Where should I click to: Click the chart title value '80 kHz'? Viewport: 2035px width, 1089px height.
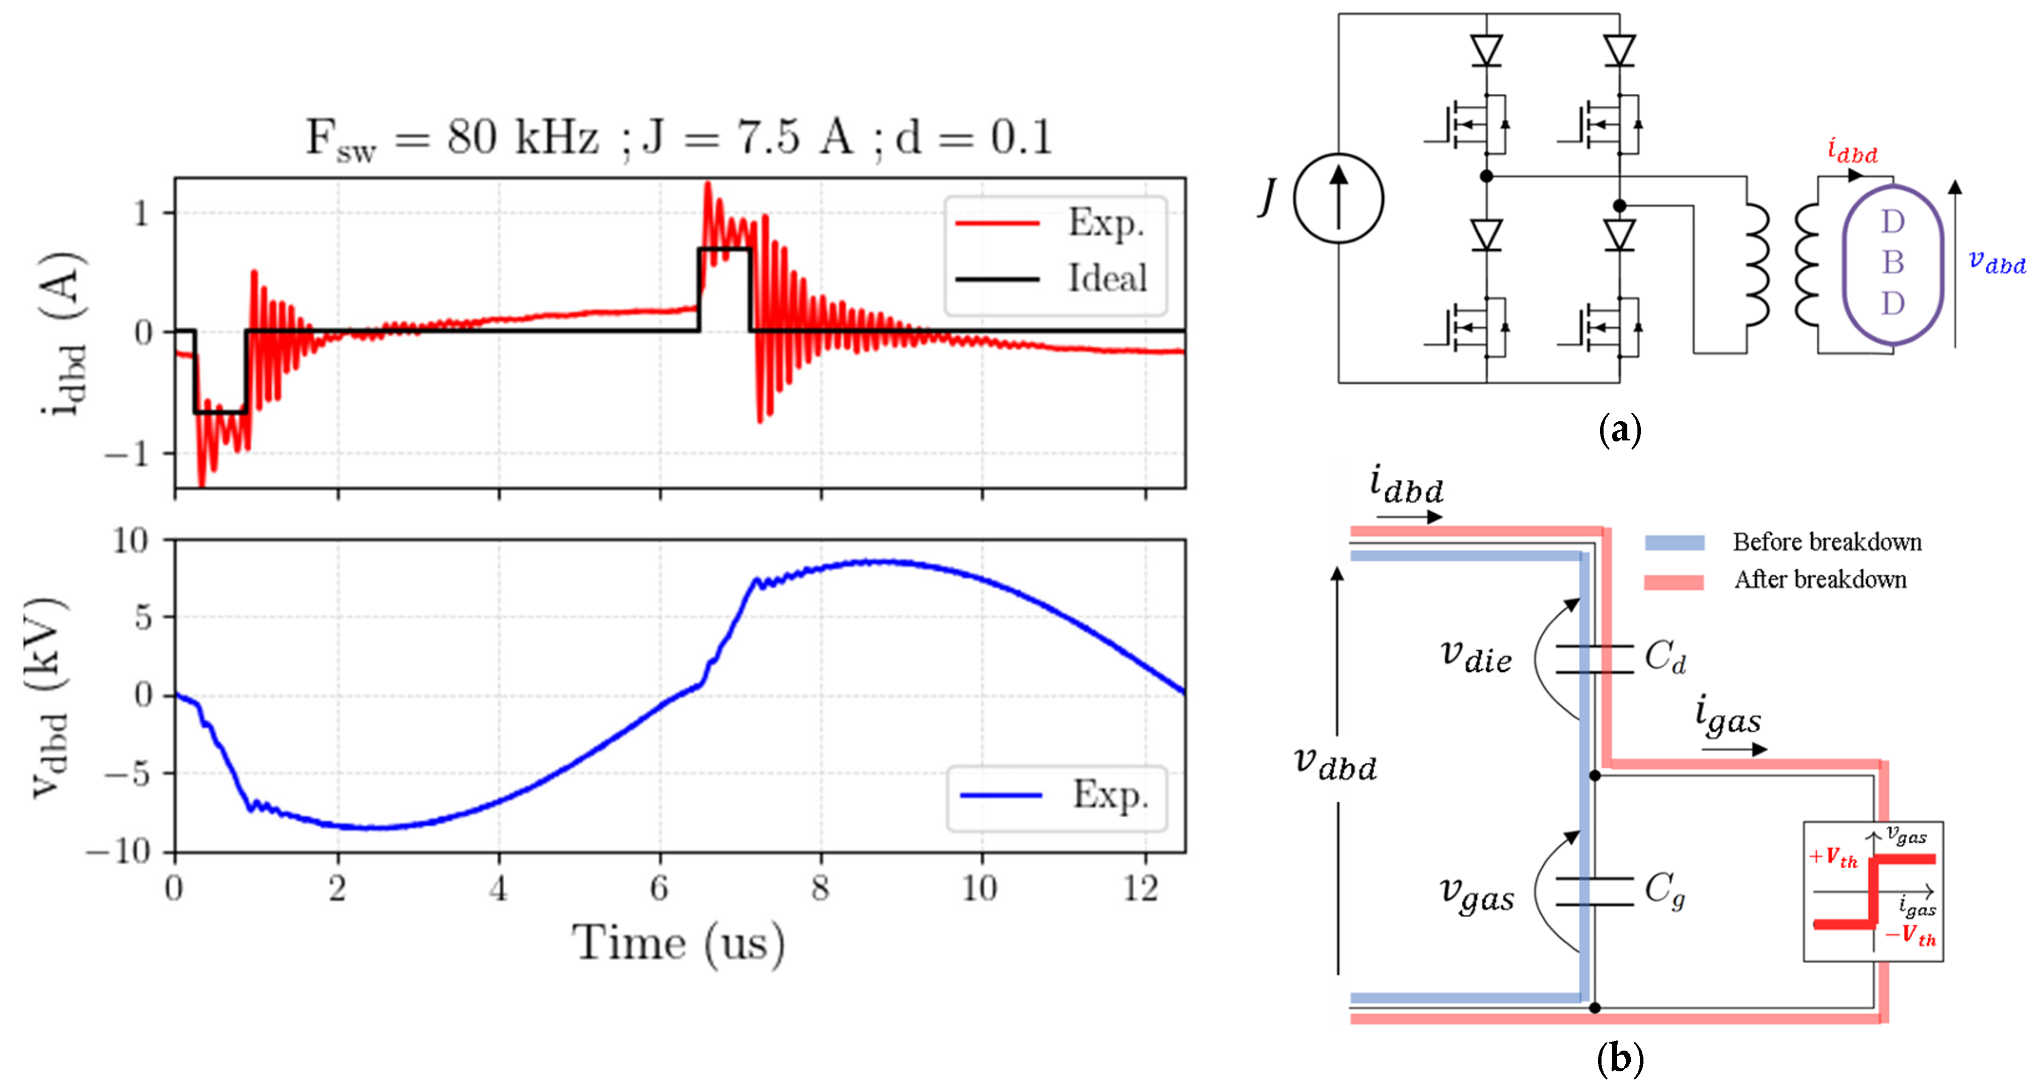click(x=521, y=137)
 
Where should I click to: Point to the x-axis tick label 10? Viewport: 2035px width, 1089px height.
click(x=980, y=889)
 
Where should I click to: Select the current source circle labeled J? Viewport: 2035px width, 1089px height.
click(x=1338, y=198)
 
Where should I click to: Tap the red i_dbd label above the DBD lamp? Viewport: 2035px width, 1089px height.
click(x=1852, y=150)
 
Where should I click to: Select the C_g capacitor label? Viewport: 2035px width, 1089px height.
click(x=1665, y=890)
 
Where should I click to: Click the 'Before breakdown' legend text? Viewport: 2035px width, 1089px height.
click(x=1826, y=542)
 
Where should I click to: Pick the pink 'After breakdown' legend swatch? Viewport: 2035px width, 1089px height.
click(x=1674, y=582)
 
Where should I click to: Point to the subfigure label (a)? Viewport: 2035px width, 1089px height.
click(x=1620, y=430)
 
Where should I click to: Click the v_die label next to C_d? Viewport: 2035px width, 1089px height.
click(x=1476, y=657)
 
